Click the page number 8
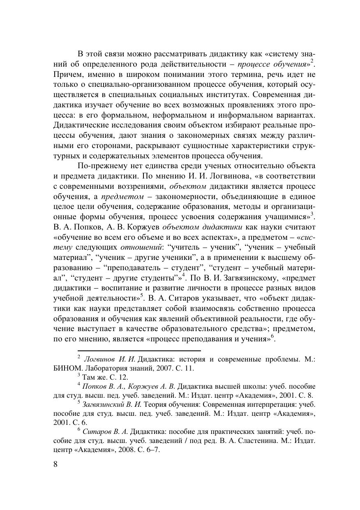click(x=56, y=465)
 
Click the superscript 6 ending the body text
click(x=272, y=336)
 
